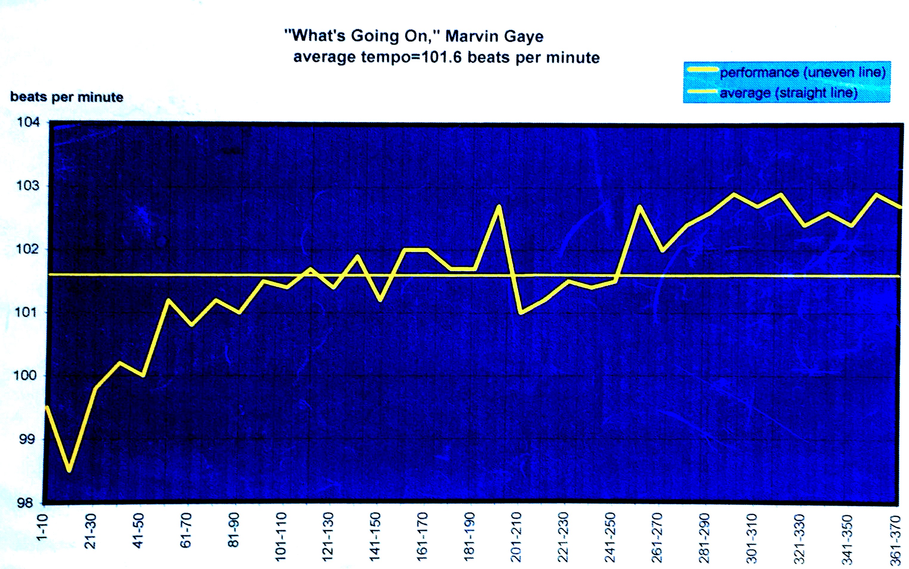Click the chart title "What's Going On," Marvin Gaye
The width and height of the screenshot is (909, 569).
tap(414, 36)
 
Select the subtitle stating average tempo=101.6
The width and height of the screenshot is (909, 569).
tap(446, 58)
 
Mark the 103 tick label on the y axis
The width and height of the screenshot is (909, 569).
tap(28, 186)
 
